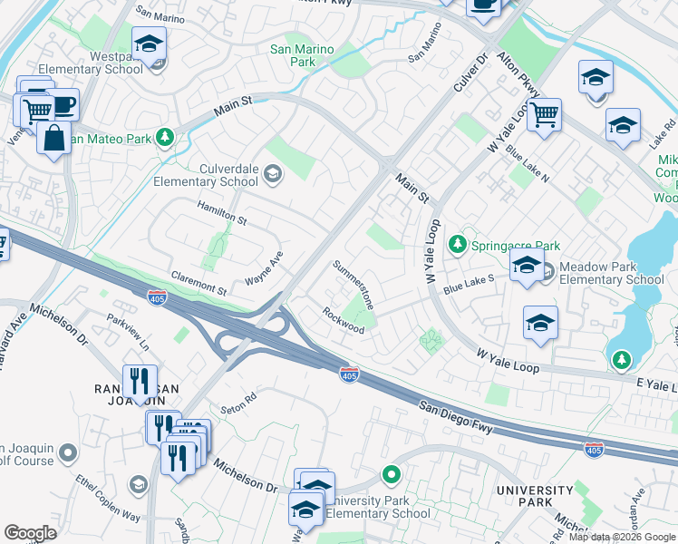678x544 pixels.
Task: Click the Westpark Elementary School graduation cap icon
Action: (x=149, y=43)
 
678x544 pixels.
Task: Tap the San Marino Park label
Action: (x=303, y=55)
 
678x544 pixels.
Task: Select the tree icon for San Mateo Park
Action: (x=164, y=138)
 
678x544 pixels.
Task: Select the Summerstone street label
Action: (x=354, y=285)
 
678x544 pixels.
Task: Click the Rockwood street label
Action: (x=344, y=320)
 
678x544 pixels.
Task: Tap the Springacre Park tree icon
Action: (x=458, y=245)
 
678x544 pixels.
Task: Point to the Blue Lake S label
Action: (x=469, y=284)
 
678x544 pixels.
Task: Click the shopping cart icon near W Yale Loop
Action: (x=544, y=115)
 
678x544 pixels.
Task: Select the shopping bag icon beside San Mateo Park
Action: (x=54, y=138)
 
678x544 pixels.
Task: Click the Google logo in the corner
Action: (x=31, y=532)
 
